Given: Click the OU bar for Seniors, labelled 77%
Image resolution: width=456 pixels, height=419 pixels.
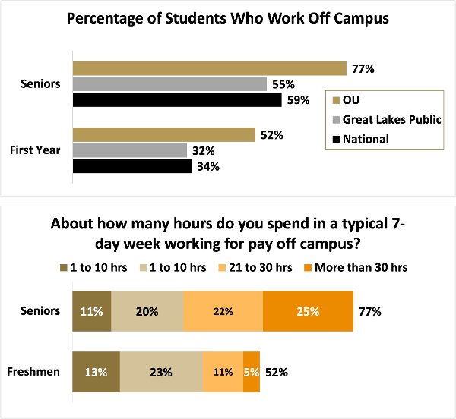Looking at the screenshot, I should point(209,68).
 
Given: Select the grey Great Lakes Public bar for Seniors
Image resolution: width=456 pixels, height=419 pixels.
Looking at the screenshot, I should point(169,83).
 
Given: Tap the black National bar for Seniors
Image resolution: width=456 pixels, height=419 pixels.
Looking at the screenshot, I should point(176,99).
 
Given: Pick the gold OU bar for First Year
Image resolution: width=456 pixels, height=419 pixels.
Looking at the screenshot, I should point(163,135).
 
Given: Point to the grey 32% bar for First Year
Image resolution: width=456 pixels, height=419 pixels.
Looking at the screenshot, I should point(129,150).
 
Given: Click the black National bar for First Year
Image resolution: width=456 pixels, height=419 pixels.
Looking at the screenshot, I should point(131,165).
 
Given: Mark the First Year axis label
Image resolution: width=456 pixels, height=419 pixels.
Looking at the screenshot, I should point(34,150).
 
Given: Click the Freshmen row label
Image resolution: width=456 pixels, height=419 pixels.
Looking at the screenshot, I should point(34,373).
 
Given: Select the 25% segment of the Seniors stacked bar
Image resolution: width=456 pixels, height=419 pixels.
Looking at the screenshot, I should point(308,310).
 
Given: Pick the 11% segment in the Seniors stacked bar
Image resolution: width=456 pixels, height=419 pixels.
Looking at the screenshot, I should point(91,310).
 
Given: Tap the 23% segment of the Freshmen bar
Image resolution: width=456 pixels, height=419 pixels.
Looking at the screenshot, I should point(161,373).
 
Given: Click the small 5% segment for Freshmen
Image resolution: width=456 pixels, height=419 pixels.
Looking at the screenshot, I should point(252,373).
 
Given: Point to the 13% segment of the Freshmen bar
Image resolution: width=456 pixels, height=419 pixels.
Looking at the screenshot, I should point(96,373).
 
